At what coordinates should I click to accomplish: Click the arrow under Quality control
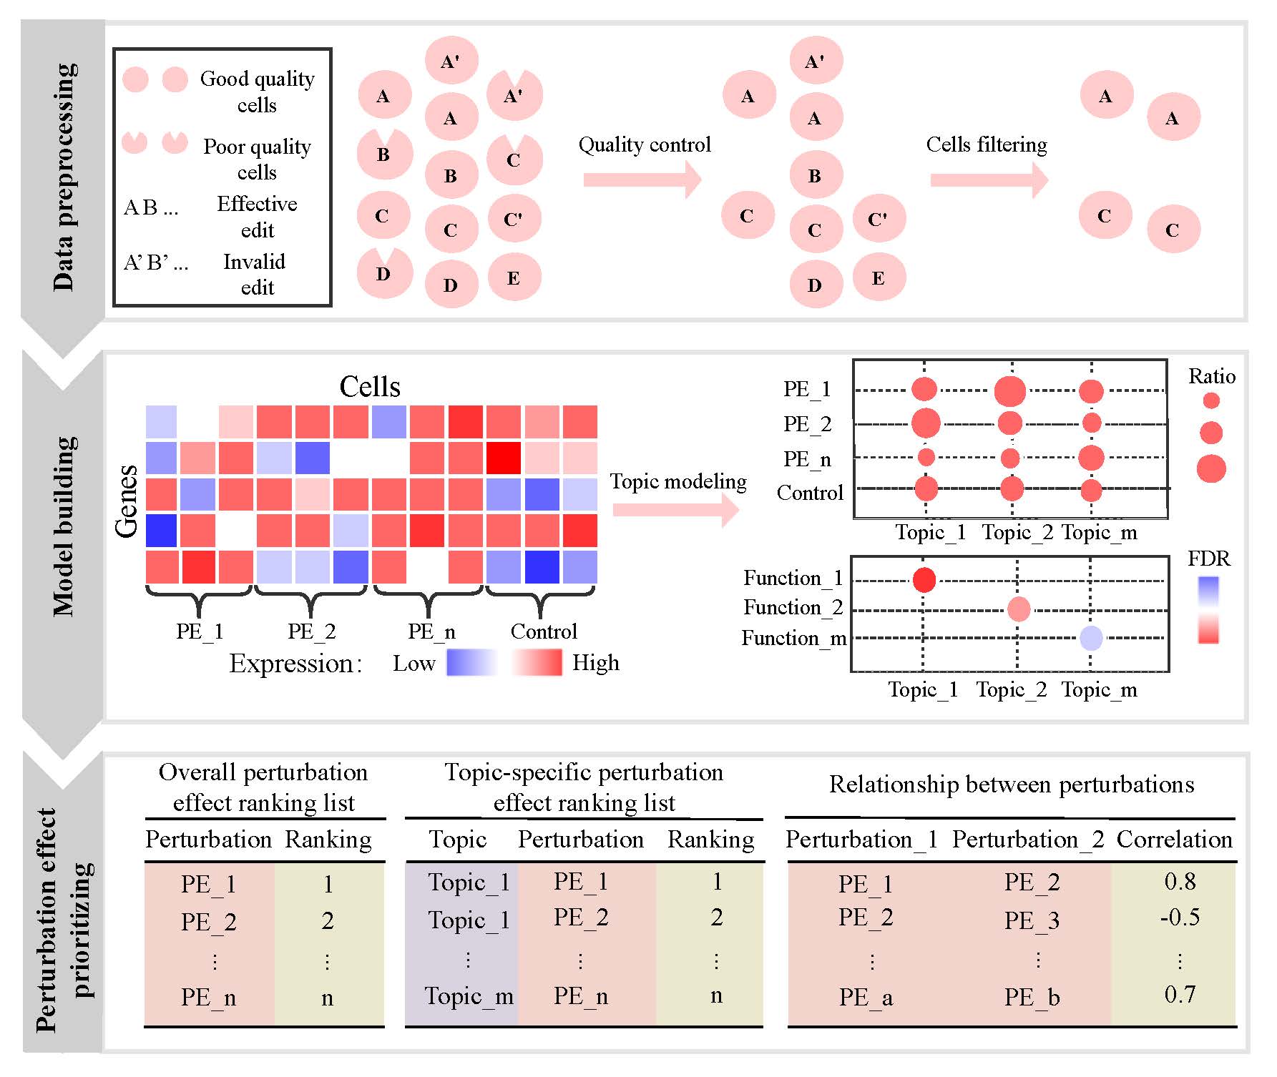click(642, 179)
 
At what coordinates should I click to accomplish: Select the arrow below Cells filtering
click(989, 179)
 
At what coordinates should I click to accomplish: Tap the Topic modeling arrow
click(676, 509)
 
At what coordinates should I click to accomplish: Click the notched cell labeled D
click(385, 272)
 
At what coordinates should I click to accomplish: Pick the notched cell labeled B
click(385, 154)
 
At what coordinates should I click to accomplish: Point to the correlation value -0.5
click(1180, 917)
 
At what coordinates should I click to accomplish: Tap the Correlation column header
click(1175, 839)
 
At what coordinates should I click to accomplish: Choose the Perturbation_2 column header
click(1028, 840)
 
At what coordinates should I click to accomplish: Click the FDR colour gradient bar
click(1208, 610)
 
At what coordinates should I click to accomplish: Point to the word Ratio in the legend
click(1212, 376)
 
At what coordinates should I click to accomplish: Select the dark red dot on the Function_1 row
click(924, 579)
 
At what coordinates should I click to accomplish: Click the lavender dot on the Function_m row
click(1091, 638)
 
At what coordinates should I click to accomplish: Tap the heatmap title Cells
click(370, 386)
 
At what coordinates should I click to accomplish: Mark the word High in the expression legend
click(595, 663)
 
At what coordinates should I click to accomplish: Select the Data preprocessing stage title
click(64, 177)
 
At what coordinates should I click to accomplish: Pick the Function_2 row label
click(793, 607)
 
